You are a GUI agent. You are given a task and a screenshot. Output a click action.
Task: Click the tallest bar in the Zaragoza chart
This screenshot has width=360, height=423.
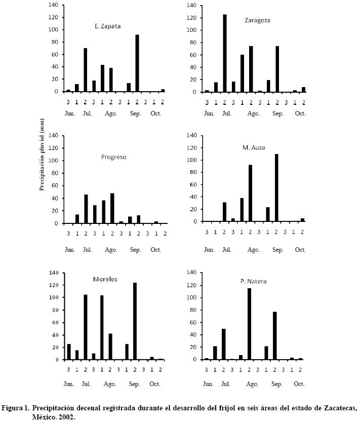point(224,53)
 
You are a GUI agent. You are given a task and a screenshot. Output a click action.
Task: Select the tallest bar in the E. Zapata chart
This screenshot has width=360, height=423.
point(137,63)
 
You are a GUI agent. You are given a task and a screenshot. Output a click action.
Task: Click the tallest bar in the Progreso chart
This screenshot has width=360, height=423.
point(112,208)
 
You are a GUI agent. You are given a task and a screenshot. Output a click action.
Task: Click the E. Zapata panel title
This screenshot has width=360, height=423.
point(107,26)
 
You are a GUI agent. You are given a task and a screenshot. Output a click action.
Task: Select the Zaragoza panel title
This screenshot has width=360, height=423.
point(257,21)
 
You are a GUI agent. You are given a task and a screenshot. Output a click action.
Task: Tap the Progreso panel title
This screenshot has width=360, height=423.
point(114,157)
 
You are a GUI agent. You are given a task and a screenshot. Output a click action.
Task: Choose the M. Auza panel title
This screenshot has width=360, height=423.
point(254,148)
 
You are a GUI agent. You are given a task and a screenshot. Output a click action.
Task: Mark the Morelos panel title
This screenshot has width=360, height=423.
point(106,279)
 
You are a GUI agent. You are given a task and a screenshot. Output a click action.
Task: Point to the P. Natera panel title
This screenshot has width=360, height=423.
point(254,281)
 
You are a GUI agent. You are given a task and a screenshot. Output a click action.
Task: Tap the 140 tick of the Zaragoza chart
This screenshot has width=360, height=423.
point(191,5)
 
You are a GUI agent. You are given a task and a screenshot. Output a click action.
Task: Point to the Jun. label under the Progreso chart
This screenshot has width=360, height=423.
point(70,250)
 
